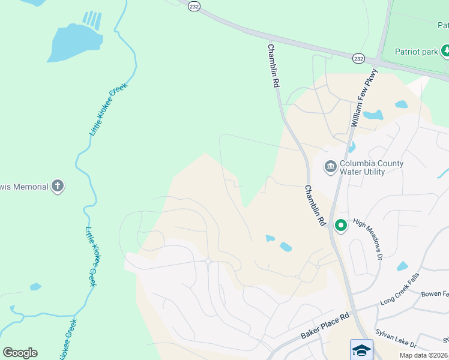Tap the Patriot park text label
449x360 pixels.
pos(417,52)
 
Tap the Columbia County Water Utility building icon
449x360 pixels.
pos(330,167)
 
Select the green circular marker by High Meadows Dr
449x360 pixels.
pos(340,226)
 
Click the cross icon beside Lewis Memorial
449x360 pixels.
pos(58,186)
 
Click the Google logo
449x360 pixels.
pos(20,352)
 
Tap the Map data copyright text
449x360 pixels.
pos(424,355)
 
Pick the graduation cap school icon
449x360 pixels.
pos(361,350)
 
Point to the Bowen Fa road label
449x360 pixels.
pos(435,295)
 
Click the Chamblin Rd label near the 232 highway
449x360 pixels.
pos(274,66)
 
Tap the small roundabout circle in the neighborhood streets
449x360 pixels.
pos(208,261)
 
